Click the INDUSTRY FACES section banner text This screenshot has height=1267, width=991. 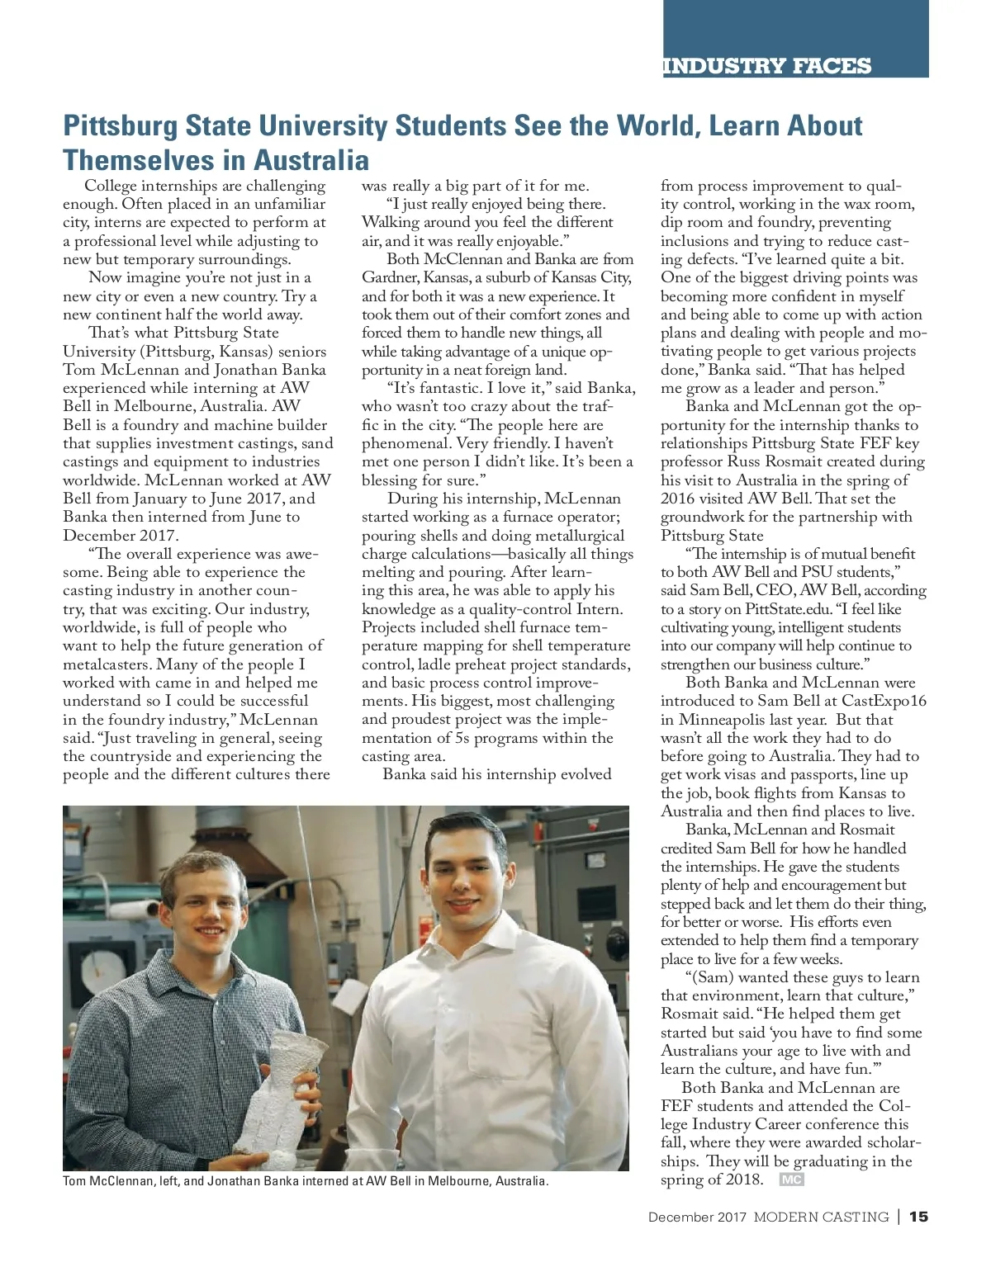[x=766, y=66]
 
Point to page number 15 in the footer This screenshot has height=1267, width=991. [x=918, y=1217]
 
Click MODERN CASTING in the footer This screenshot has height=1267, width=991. [x=821, y=1217]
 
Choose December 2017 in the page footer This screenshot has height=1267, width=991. [x=697, y=1217]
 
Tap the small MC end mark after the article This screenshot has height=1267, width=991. [x=791, y=1180]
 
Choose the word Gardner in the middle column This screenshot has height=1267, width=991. [x=389, y=277]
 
